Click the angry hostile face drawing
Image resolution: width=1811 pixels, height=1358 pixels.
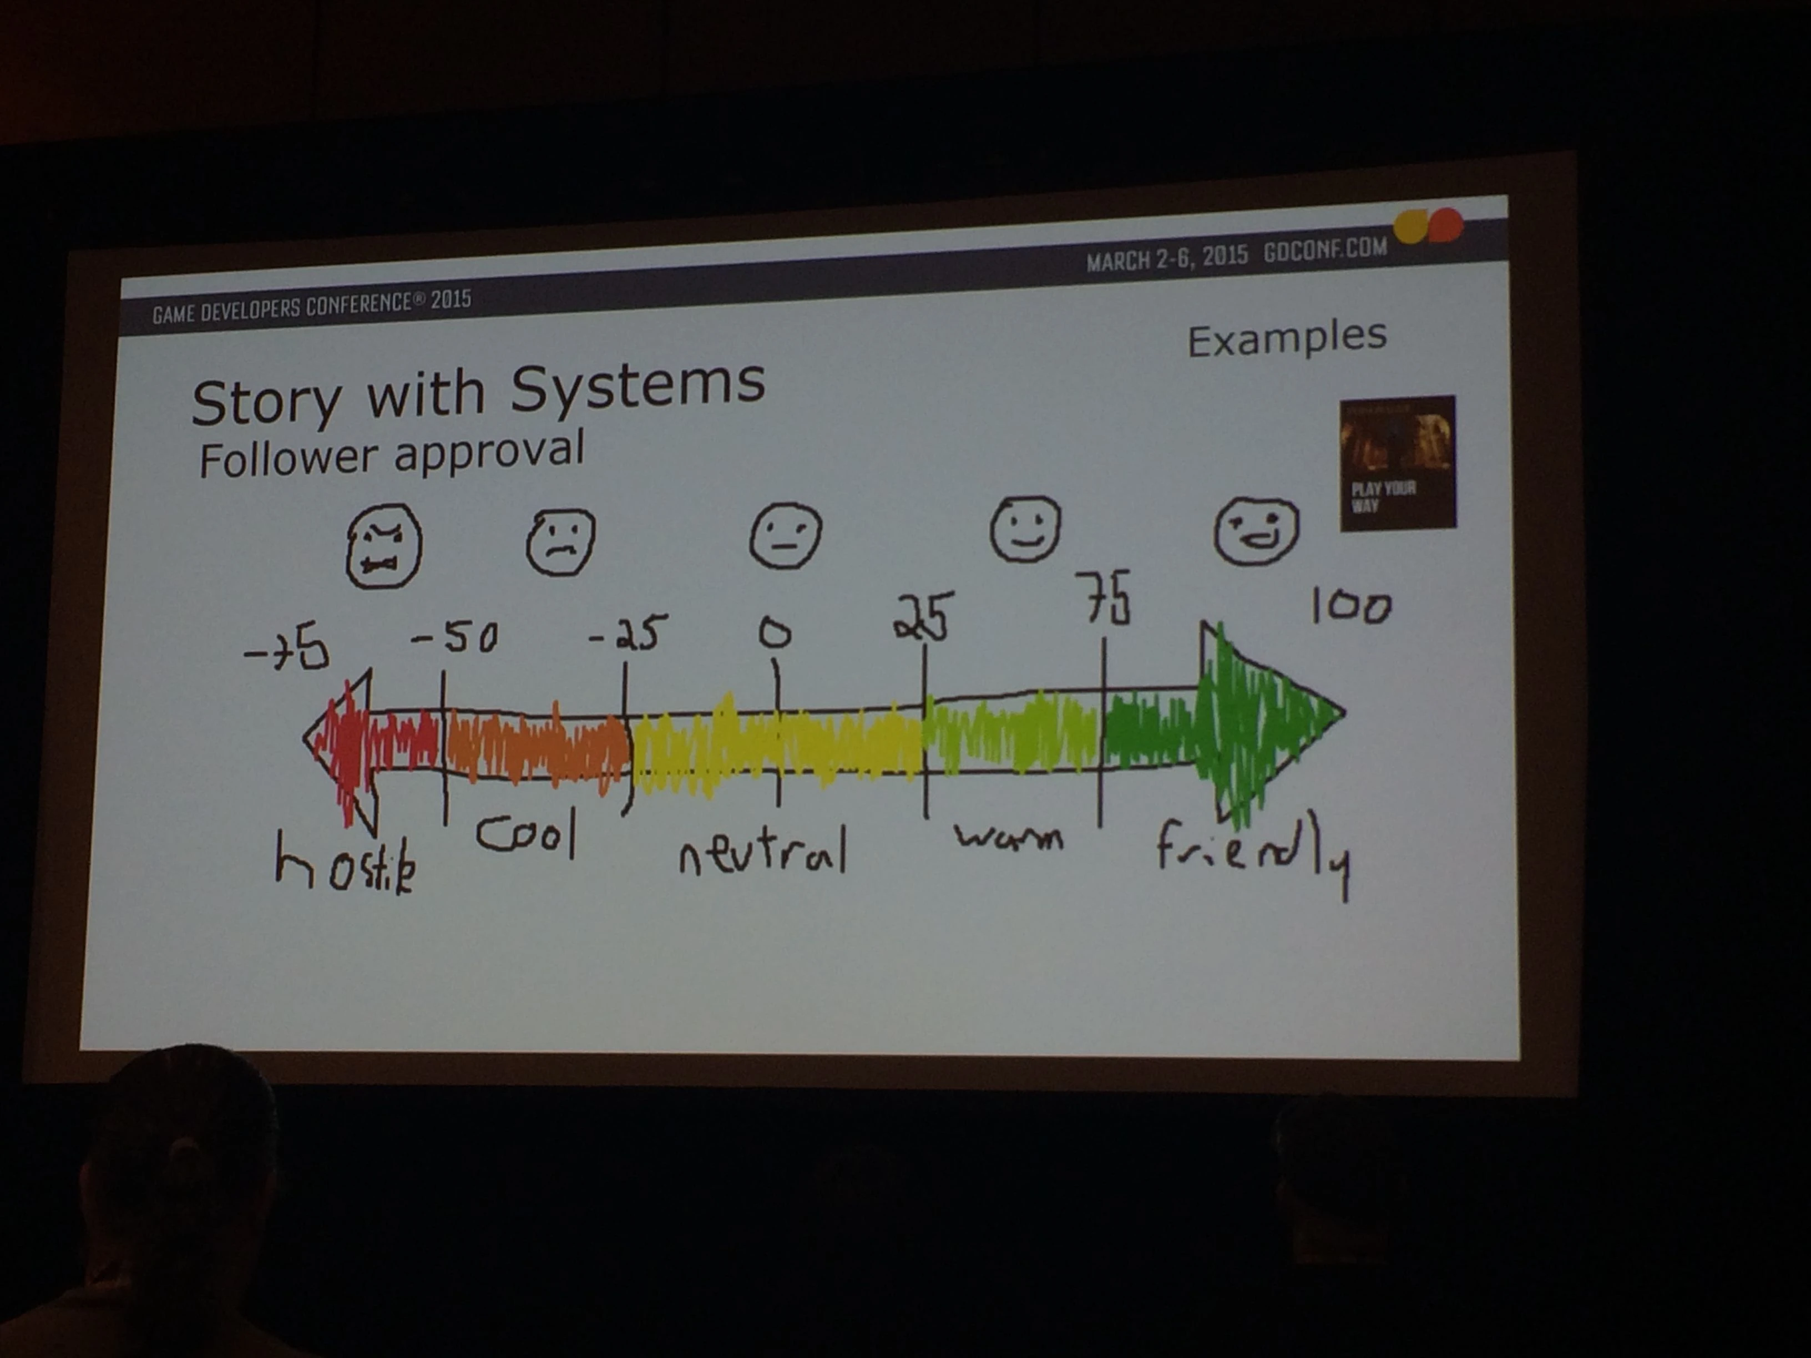(383, 546)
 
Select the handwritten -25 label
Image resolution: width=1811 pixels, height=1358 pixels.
(629, 633)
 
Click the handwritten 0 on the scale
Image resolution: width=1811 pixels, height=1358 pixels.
(775, 633)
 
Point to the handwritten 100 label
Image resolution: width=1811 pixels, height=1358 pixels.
(1350, 606)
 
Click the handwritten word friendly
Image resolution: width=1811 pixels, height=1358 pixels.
(1253, 852)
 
